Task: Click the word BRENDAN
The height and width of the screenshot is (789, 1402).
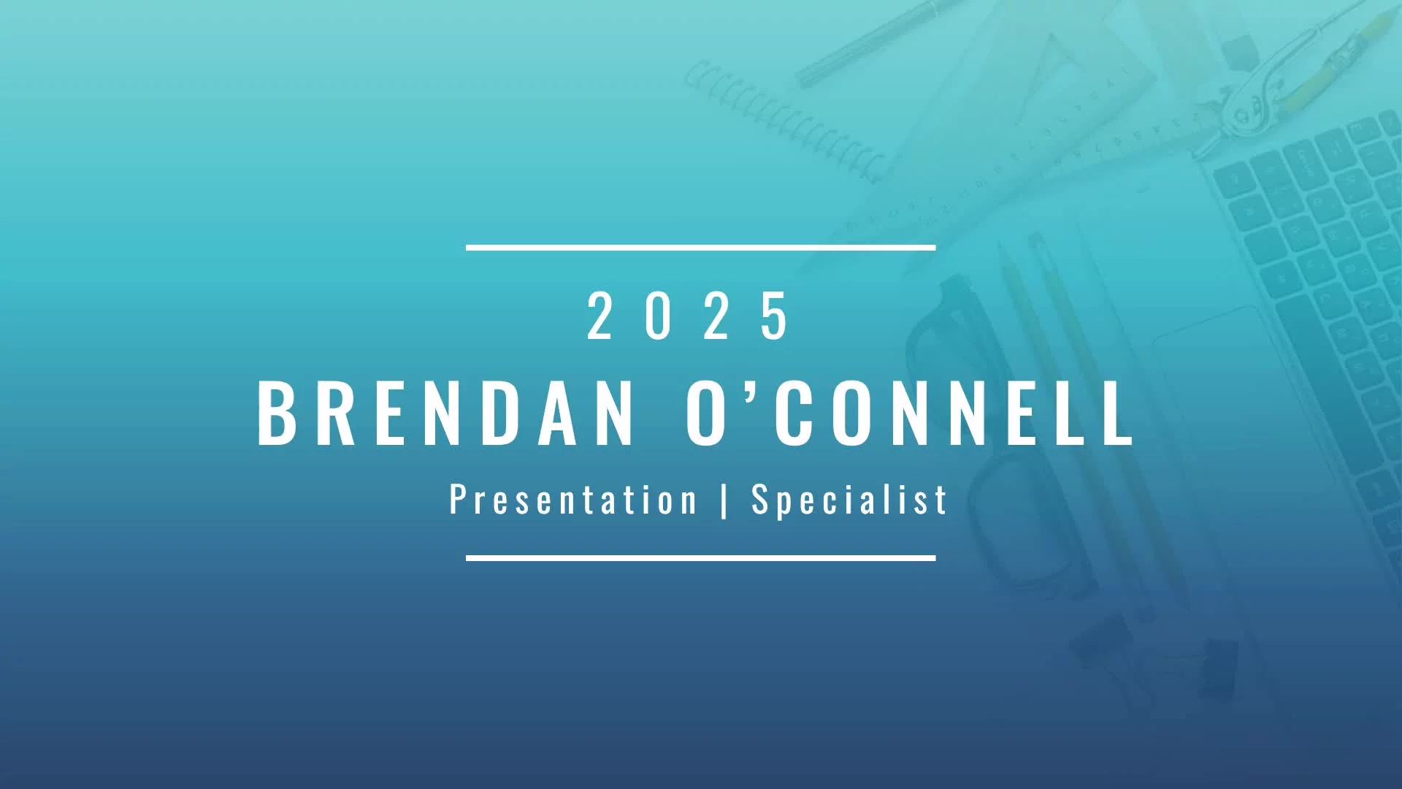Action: tap(445, 413)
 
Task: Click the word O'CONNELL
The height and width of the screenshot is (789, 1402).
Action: tap(909, 413)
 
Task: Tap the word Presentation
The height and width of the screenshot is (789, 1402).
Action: tap(573, 500)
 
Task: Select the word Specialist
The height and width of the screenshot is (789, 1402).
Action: tap(849, 500)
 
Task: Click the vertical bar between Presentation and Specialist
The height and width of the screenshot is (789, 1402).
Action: tap(724, 500)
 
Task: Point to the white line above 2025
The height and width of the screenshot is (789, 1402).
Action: tap(701, 248)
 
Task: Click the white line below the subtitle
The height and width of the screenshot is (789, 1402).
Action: tap(701, 558)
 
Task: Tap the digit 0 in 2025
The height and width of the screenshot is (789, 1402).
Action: tap(657, 316)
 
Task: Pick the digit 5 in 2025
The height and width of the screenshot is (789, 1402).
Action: tap(774, 316)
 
